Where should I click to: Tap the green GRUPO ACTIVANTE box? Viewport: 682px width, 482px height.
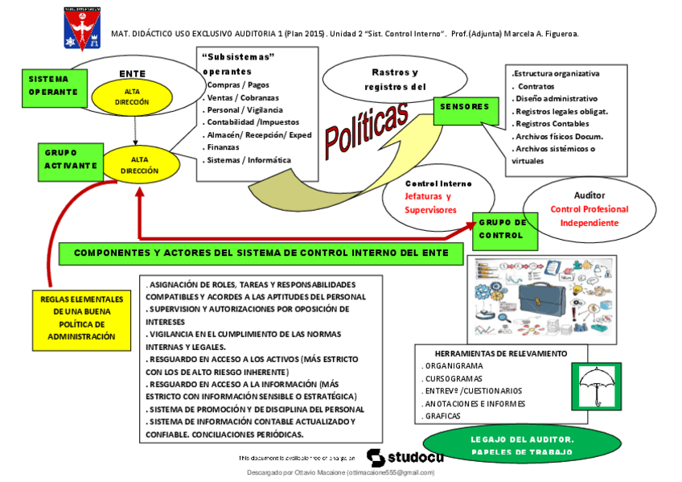tap(71, 159)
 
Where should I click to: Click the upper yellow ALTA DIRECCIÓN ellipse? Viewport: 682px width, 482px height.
tap(132, 97)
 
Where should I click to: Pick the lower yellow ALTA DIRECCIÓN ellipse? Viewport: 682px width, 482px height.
tap(139, 165)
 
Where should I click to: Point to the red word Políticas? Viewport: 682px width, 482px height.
tap(365, 127)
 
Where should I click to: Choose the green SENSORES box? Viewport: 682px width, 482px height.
tap(465, 107)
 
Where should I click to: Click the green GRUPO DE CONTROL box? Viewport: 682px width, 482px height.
tap(503, 229)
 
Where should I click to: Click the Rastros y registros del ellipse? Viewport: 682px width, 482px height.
tap(395, 80)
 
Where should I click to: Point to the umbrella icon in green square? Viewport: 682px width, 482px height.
tap(595, 385)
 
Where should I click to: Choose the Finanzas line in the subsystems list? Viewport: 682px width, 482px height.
tap(224, 147)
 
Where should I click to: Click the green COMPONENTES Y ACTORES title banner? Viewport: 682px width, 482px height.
tap(262, 253)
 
